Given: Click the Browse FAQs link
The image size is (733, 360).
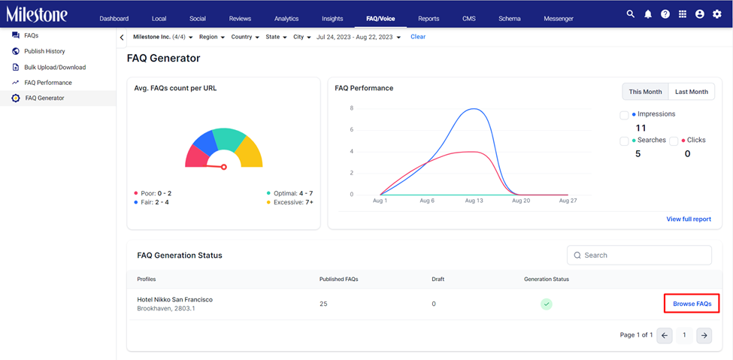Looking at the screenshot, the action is coord(692,304).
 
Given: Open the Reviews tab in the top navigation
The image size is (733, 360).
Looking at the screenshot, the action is coord(240,19).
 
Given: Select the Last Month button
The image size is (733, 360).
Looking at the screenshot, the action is coord(692,92).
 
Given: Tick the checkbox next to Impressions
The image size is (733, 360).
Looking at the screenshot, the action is coord(624,116).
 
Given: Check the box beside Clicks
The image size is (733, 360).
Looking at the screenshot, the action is coord(674,141).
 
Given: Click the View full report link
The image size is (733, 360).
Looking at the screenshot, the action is coord(689,219).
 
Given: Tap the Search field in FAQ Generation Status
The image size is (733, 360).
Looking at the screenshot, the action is coord(639,256).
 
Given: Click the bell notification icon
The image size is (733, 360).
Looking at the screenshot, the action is coord(647,14).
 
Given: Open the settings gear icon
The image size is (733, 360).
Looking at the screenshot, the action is coord(716,14).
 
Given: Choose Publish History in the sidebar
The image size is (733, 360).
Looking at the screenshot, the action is coord(44,51).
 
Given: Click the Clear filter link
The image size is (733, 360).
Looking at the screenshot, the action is coord(418,37).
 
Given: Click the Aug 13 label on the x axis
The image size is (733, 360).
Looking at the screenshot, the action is coord(474,200).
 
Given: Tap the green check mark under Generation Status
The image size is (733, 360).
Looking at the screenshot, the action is coord(547,304).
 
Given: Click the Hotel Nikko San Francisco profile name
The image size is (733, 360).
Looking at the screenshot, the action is coord(175,299).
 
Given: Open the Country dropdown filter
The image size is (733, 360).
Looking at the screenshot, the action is coord(245,37).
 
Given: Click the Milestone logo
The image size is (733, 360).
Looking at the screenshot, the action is coord(37,14).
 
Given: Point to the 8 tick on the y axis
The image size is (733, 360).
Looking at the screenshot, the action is coord(352,108).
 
